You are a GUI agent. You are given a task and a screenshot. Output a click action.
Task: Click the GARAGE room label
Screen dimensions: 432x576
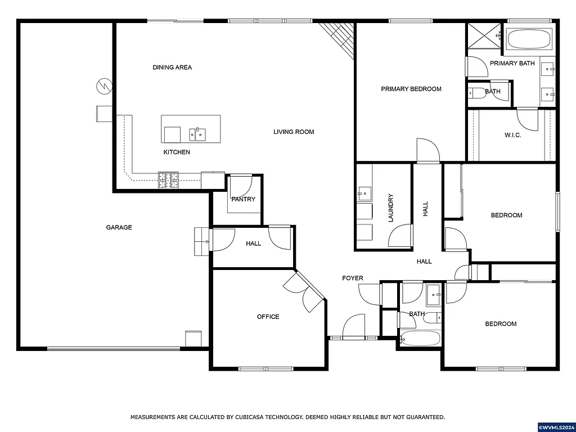point(119,227)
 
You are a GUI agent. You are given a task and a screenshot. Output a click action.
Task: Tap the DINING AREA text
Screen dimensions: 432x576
point(172,67)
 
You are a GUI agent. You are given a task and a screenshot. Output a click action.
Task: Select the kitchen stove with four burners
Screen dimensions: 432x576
point(168,180)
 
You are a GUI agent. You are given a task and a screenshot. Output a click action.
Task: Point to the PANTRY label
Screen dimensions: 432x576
point(243,199)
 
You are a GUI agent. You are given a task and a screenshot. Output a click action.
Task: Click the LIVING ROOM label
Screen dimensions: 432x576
point(294,132)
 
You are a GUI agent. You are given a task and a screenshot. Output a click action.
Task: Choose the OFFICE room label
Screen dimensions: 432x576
point(268,317)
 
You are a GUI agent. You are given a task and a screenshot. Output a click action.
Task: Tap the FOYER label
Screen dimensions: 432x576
point(353,278)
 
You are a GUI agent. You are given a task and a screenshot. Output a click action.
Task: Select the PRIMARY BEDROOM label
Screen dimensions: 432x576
point(411,89)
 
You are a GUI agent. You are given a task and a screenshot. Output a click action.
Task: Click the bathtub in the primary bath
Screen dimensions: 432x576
point(529,39)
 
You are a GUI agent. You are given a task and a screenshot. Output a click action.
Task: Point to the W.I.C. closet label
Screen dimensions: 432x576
point(512,135)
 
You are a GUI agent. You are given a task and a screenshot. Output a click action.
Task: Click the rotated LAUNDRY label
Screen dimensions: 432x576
point(390,208)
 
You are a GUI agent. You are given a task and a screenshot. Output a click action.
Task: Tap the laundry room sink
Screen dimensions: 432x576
point(364,193)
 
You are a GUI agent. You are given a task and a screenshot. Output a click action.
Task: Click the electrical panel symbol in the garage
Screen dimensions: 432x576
point(104,86)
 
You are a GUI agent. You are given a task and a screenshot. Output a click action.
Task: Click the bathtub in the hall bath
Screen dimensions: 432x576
point(420,339)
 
